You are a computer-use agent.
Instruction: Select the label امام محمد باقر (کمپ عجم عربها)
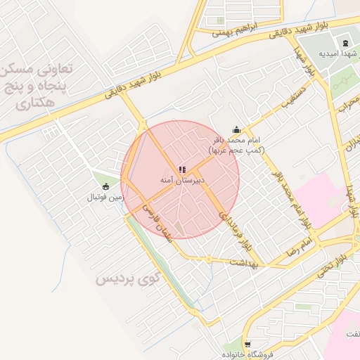[236, 146]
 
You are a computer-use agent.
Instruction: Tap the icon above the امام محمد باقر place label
[236, 129]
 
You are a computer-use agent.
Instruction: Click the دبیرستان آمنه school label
[182, 181]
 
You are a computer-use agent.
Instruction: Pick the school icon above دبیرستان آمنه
[182, 169]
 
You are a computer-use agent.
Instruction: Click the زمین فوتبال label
[105, 198]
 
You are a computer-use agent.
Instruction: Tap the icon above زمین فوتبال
[105, 186]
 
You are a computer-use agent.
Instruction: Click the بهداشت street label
[244, 262]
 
